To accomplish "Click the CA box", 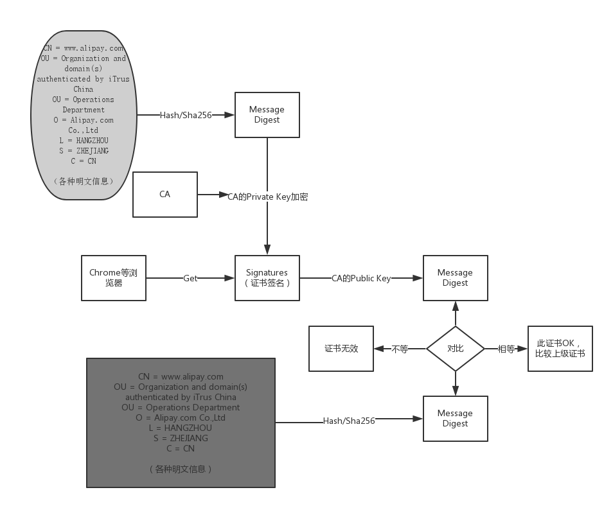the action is click(165, 194).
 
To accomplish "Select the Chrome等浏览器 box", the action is click(114, 278).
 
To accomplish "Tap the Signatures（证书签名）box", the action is click(267, 278).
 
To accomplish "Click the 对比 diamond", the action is click(456, 348).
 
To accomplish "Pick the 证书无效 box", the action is click(341, 348).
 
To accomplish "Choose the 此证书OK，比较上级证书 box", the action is click(560, 348).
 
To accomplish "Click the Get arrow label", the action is click(190, 278).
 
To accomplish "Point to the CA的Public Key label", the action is click(361, 278).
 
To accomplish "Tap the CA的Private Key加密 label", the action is click(268, 197).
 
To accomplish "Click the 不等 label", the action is click(400, 349).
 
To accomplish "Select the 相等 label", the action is click(506, 349).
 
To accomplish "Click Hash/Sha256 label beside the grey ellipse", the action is click(186, 115).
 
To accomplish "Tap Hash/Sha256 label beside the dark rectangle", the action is click(349, 421).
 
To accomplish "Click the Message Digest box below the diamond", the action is click(456, 419).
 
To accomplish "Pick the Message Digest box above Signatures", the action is click(267, 115).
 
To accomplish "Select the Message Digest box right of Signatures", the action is click(456, 278).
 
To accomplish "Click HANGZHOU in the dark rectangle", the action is click(188, 428).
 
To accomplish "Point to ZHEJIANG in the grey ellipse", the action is click(93, 150).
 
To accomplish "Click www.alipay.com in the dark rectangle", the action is click(192, 376).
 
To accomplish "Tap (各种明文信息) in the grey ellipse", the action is click(84, 181).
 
